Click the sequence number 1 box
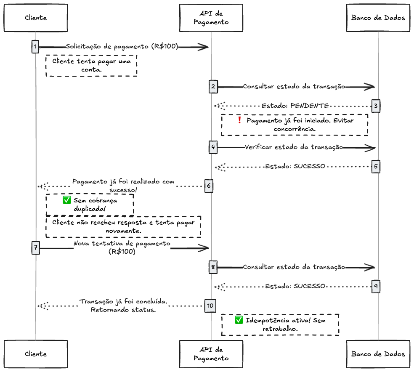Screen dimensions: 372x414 35,47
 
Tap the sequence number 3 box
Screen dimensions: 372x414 376,106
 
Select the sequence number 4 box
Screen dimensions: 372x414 213,147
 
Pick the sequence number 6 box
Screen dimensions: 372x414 209,186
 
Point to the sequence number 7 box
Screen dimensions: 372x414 35,248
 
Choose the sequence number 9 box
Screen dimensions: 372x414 376,287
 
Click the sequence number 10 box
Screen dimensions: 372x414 210,306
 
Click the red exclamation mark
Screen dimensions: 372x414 239,120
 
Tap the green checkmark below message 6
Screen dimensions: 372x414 66,200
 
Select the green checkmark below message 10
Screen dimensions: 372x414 239,320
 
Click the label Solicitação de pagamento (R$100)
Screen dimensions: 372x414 122,47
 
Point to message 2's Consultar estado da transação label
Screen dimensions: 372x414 294,87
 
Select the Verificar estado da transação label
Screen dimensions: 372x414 294,147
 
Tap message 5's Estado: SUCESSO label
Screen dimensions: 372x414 295,166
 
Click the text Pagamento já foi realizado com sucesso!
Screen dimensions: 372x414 123,186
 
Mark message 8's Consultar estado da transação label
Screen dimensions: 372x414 294,267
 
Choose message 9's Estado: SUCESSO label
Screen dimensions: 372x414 295,286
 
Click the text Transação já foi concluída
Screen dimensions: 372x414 124,302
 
